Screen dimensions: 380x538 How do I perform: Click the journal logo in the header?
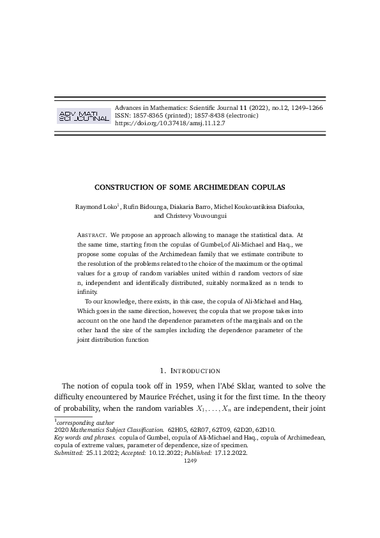coord(84,115)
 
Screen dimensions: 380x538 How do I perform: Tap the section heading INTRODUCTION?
coord(194,371)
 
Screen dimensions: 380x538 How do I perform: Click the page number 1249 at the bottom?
coord(190,460)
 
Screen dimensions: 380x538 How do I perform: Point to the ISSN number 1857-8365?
coord(142,116)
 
